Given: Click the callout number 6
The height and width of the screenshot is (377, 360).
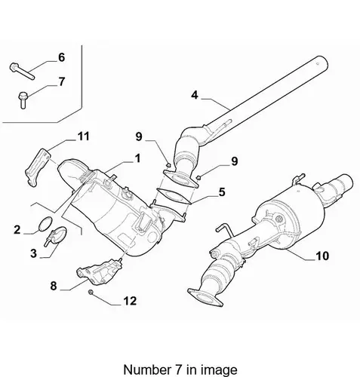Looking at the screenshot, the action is tap(62, 57).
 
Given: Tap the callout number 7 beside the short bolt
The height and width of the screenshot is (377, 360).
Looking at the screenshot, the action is tap(62, 81).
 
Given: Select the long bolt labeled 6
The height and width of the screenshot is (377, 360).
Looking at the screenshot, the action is tap(22, 71).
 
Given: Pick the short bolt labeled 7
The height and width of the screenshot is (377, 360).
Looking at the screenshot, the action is tap(23, 100).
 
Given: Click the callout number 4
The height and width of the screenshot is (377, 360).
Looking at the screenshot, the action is tap(195, 95).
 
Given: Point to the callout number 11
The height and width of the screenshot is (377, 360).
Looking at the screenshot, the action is tap(84, 136).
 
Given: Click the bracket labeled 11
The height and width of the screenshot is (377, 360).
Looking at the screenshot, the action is tap(36, 167).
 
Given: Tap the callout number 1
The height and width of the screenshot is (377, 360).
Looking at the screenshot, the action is tap(137, 158).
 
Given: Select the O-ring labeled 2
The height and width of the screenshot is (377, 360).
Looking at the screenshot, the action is tap(46, 224).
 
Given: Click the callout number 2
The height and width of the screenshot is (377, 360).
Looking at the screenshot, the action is tap(17, 229).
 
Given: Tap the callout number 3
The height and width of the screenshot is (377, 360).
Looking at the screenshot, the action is tap(33, 253).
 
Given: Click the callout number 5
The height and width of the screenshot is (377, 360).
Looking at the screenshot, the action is tap(222, 192).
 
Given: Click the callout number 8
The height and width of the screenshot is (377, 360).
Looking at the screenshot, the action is tap(54, 286).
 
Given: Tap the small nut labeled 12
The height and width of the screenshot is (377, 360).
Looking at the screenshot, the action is tap(91, 292).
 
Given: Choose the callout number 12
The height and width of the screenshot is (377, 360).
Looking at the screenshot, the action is tap(130, 301).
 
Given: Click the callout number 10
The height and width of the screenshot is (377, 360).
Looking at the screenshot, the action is tap(322, 256).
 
